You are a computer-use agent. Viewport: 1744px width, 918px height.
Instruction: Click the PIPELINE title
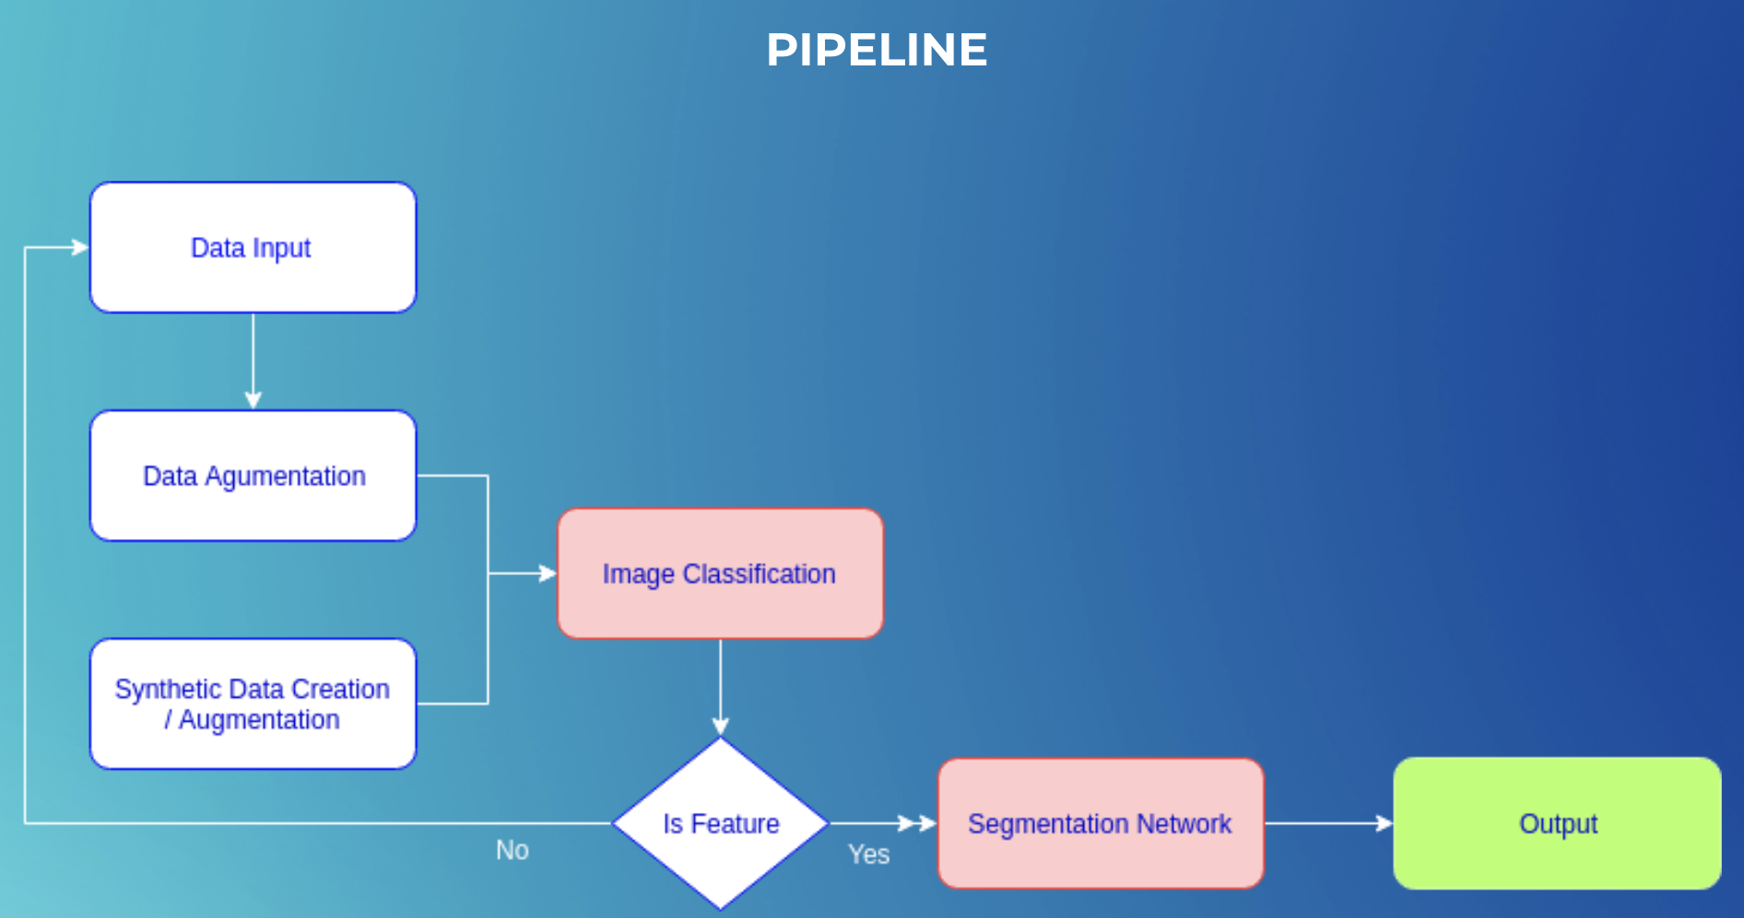pos(877,50)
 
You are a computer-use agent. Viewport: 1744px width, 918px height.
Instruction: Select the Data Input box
pos(253,247)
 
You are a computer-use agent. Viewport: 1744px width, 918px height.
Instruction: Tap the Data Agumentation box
pos(253,476)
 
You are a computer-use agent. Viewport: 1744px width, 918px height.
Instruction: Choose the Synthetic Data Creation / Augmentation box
pos(253,703)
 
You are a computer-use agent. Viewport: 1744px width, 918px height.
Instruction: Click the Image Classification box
pos(721,573)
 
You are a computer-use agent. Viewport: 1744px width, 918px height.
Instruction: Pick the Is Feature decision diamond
pos(721,823)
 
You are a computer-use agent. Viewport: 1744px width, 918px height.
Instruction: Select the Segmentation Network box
pos(1101,823)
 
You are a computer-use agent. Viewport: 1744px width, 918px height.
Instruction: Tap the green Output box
pos(1557,823)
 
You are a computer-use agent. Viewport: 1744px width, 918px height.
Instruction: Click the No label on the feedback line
pos(513,850)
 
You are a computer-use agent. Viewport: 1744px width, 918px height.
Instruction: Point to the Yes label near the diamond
pos(868,854)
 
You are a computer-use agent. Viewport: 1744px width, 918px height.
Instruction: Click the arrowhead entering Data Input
pos(80,247)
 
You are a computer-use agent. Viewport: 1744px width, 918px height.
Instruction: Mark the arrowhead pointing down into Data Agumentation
pos(253,400)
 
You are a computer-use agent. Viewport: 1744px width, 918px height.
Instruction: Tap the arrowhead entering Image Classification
pos(548,573)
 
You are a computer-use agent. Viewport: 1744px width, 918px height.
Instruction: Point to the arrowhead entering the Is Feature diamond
pos(721,726)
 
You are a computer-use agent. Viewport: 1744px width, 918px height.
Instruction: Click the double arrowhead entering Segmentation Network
pos(918,823)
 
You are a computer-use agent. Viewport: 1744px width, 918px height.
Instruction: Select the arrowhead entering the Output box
pos(1384,823)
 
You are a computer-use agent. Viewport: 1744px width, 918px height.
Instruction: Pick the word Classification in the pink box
pos(759,573)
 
